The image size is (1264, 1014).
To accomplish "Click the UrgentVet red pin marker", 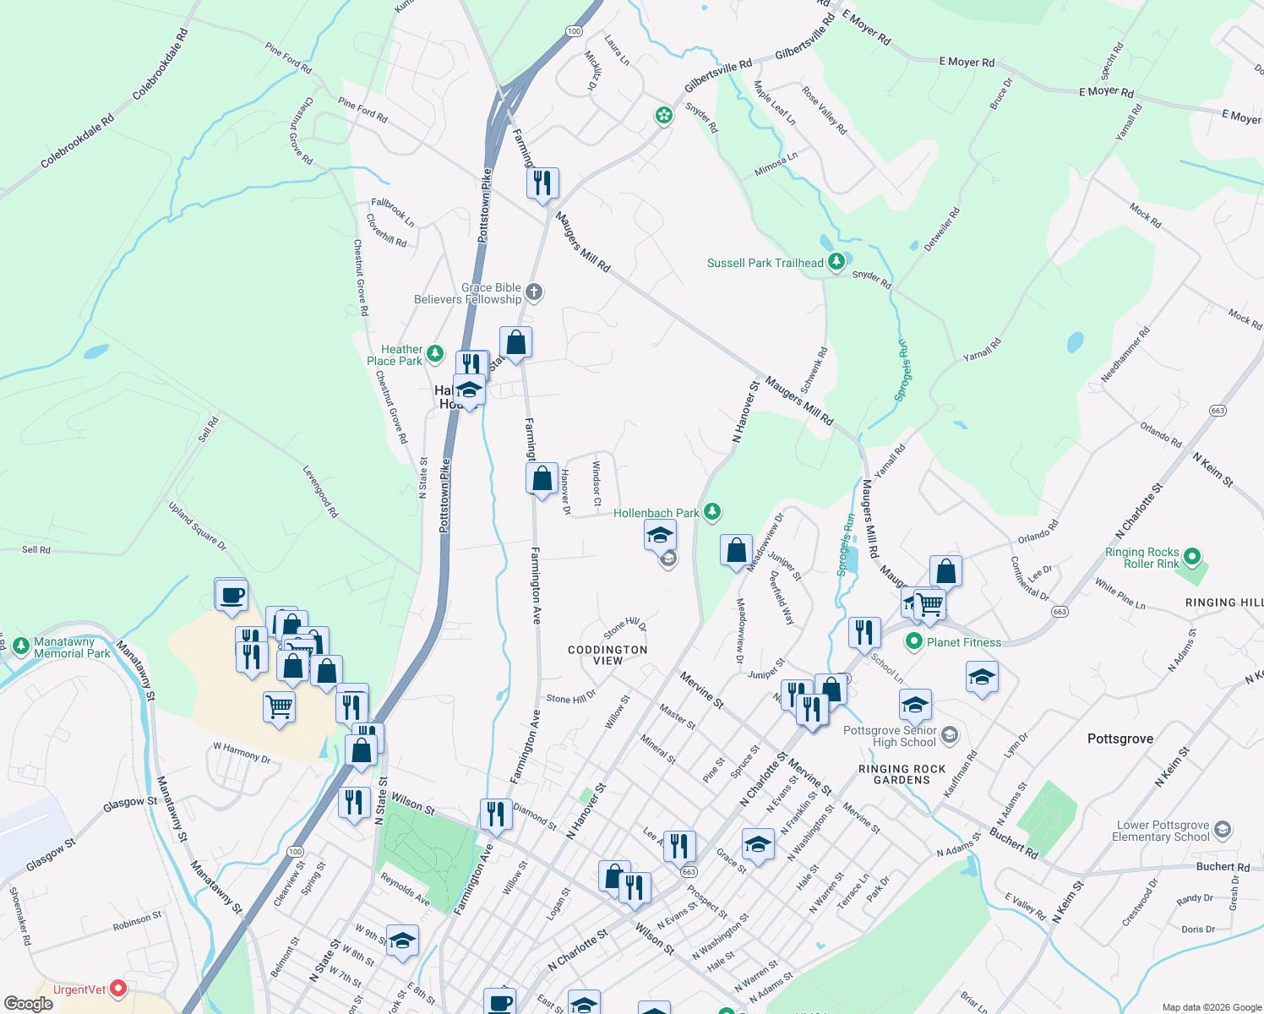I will click(x=118, y=987).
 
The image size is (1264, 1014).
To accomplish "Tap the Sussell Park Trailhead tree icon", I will click(x=836, y=262).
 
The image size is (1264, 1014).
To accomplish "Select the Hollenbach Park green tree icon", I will click(x=712, y=511).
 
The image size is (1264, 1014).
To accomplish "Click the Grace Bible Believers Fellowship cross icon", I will click(x=533, y=292).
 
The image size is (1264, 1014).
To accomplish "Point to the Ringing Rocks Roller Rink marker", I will click(x=1192, y=557).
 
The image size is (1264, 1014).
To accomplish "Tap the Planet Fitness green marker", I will click(x=913, y=642).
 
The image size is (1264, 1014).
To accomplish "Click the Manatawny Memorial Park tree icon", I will click(x=21, y=646).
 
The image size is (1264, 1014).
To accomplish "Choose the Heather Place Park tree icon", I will click(x=435, y=353).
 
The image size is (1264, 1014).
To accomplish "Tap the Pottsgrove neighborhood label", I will click(x=1120, y=739).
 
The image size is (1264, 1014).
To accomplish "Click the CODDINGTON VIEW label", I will click(x=607, y=655).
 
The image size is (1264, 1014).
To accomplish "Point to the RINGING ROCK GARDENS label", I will click(x=902, y=774).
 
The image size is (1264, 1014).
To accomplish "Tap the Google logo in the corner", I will click(x=28, y=1003).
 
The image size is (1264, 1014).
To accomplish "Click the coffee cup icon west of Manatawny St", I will click(x=231, y=595).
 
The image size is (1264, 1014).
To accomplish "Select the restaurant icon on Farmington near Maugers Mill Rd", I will click(x=542, y=183).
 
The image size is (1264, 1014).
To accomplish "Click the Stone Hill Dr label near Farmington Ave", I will click(x=571, y=698).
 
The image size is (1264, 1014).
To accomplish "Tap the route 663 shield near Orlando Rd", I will click(x=1218, y=411).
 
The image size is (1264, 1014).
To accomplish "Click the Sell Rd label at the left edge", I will click(x=35, y=550).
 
